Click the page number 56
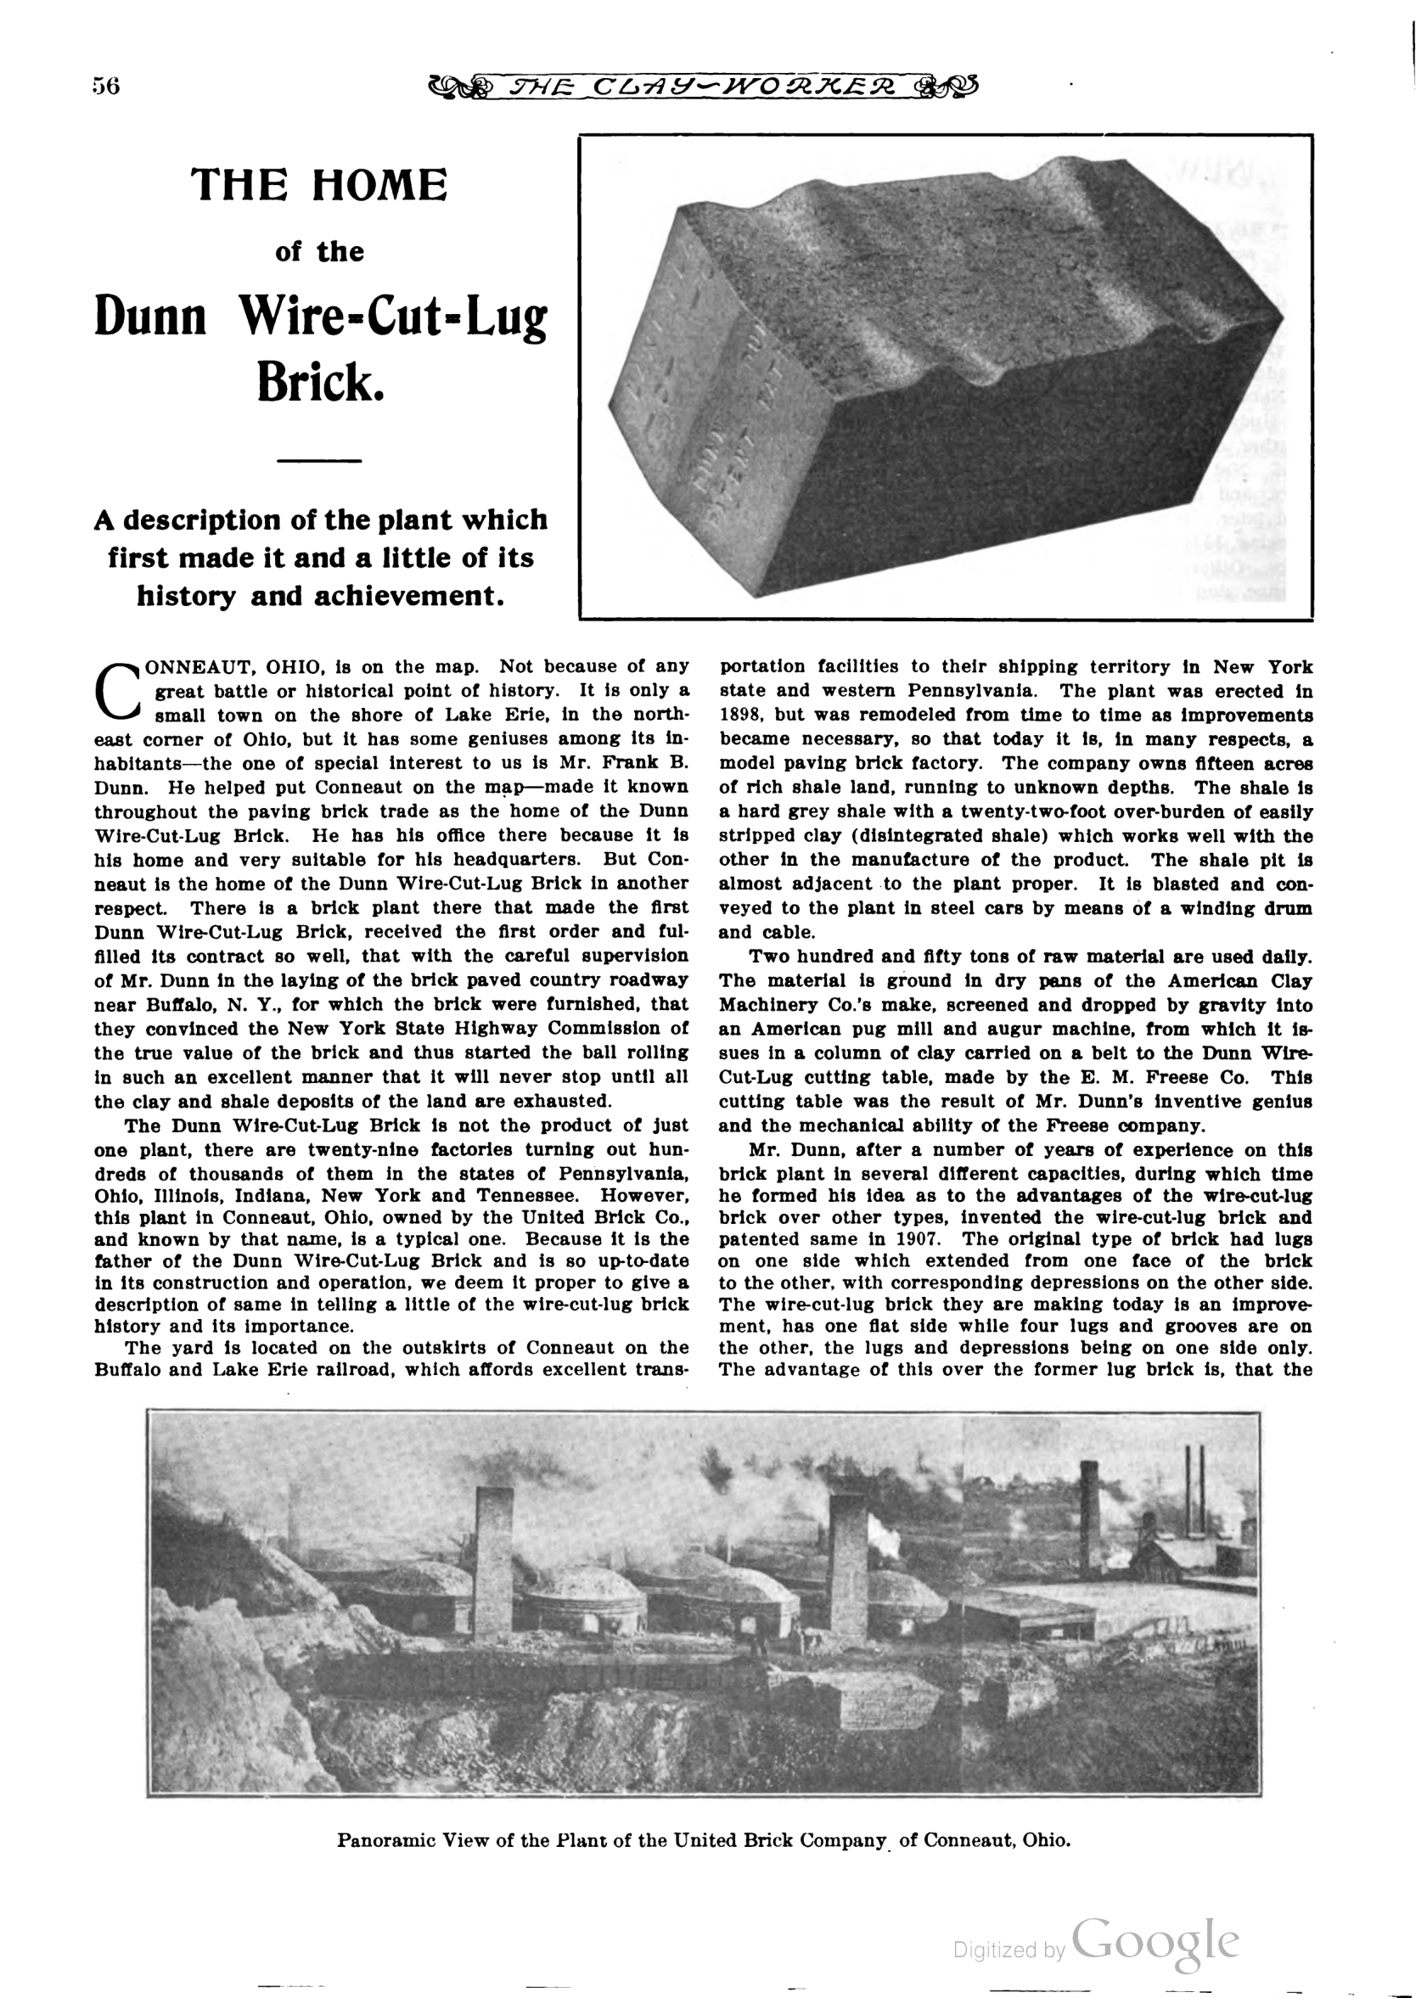coord(105,86)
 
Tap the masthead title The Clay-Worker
coord(701,86)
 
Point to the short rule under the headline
coord(320,460)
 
